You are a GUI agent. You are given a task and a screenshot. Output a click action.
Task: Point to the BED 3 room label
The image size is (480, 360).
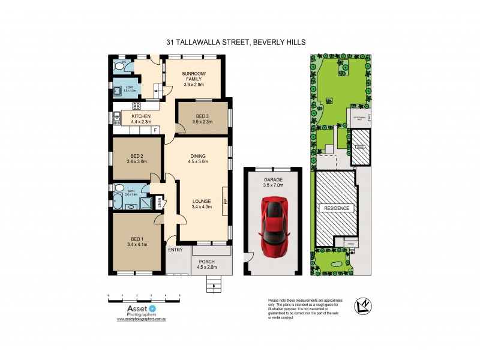(x=202, y=116)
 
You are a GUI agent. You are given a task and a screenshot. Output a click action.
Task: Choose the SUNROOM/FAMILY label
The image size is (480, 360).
(x=194, y=76)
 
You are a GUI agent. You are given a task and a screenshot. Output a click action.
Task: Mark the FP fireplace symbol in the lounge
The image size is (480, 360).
(x=225, y=201)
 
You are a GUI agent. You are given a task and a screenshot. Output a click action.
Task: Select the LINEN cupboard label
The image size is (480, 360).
(x=159, y=203)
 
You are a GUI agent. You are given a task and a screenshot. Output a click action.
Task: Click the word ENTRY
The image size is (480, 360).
(x=176, y=250)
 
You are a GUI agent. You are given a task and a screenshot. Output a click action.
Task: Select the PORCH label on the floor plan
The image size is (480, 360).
(x=207, y=262)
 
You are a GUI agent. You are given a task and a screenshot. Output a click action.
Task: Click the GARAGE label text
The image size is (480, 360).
(x=272, y=179)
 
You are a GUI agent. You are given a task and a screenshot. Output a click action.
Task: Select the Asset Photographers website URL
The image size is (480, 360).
(x=140, y=319)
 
